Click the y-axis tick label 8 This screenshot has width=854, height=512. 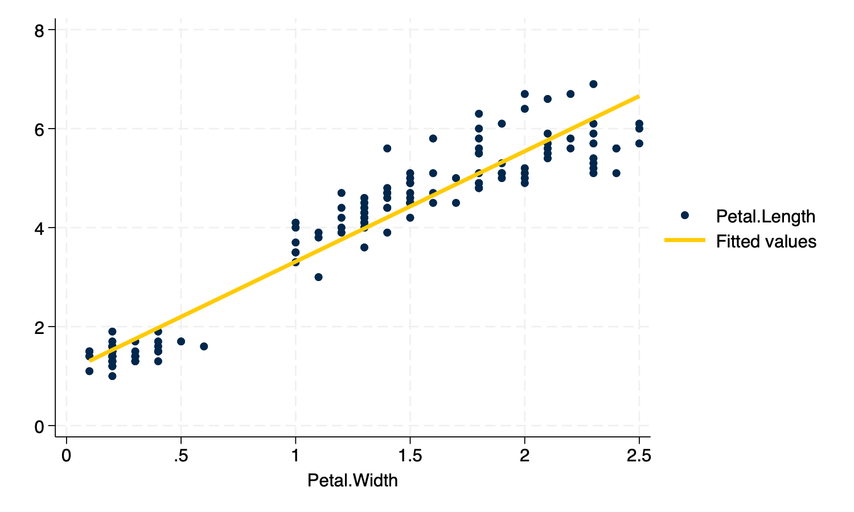click(39, 30)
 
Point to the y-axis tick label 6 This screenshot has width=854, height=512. click(39, 129)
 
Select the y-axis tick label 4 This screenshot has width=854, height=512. click(39, 228)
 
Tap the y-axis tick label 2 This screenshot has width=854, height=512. click(39, 327)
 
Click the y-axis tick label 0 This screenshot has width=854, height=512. click(39, 426)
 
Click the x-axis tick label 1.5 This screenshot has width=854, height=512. click(410, 456)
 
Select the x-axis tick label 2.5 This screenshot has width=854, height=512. click(639, 456)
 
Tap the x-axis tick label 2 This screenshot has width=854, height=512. click(524, 456)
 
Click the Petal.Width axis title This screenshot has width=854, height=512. click(352, 481)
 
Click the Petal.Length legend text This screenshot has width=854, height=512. click(765, 217)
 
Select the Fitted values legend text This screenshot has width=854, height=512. click(766, 242)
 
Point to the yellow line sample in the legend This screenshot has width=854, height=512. click(684, 241)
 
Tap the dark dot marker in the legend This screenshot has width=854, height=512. click(685, 215)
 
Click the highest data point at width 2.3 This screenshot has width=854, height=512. click(593, 84)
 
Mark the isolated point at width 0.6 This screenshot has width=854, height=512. click(204, 346)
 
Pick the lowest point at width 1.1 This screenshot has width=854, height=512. click(318, 277)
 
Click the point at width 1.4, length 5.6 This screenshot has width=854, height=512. click(387, 148)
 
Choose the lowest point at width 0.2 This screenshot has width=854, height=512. click(112, 376)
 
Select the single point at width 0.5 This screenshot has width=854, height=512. click(181, 341)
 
